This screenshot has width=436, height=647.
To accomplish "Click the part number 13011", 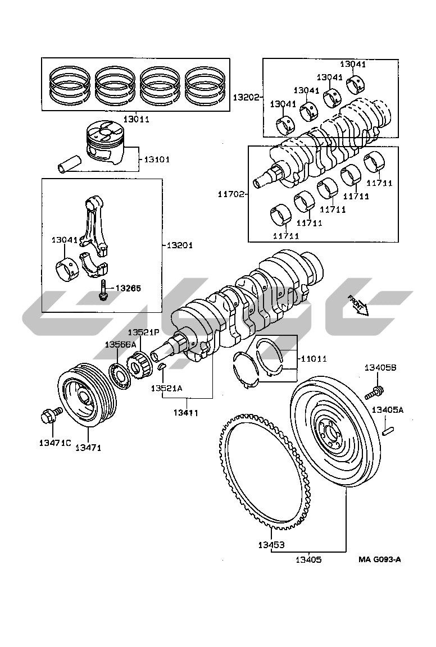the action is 136,119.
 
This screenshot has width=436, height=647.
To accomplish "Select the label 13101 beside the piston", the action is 157,160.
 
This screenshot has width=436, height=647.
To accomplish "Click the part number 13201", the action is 180,245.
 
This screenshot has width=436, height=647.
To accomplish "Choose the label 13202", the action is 246,97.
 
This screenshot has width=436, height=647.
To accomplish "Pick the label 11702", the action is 231,194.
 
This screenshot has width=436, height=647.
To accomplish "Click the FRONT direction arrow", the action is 357,305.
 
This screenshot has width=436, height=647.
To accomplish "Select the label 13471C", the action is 55,443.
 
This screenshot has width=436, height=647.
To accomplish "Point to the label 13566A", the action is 120,344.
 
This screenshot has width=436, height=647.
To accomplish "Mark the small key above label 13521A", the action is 162,366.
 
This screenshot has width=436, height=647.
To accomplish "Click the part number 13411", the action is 186,412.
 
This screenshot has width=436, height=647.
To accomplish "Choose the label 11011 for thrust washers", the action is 314,358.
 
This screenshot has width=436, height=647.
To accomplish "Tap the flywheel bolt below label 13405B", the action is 374,392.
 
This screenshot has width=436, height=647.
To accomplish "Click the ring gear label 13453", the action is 271,545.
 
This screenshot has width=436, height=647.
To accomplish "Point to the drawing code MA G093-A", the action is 379,559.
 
